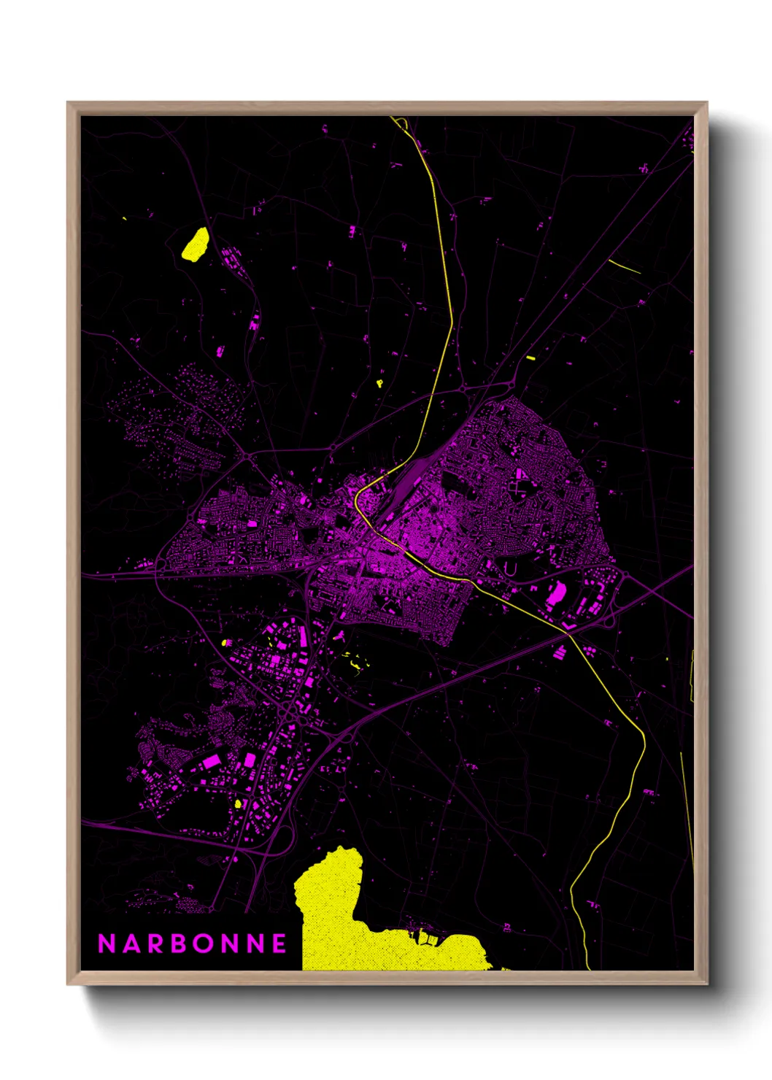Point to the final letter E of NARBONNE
(x=279, y=944)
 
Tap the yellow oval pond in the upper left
(x=195, y=244)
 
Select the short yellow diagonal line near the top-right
(x=625, y=266)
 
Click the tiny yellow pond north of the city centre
(x=379, y=382)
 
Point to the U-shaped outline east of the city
(x=510, y=568)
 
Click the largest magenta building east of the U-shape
(x=556, y=594)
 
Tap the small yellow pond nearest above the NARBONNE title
(x=238, y=803)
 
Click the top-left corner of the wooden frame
(x=69, y=104)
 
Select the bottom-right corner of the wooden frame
(x=706, y=983)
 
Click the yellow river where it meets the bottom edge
(x=588, y=968)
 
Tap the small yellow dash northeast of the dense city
(x=530, y=358)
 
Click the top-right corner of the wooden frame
(x=706, y=104)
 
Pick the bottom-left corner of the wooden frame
(x=69, y=983)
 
